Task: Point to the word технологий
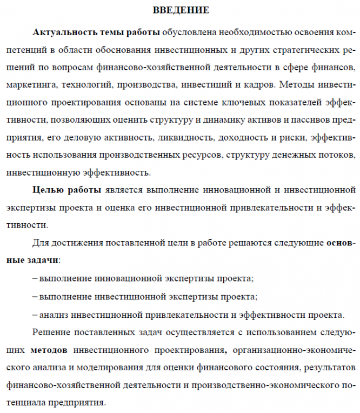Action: coord(83,85)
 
